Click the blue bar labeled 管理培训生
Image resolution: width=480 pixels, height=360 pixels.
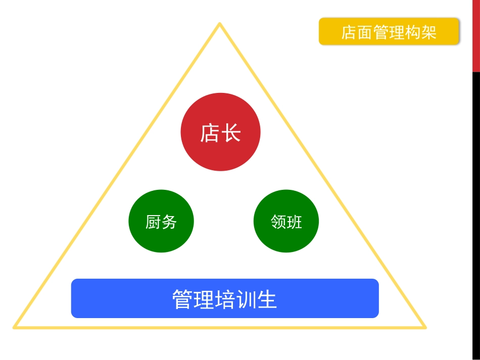tap(225, 298)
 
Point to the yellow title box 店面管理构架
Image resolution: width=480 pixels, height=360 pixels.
tap(389, 32)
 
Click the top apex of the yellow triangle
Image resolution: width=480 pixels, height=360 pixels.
tap(220, 24)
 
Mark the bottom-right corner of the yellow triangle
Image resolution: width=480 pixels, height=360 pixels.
tap(425, 327)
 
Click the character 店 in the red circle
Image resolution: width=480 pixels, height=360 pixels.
tap(210, 133)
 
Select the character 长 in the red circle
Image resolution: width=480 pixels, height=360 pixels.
tap(231, 133)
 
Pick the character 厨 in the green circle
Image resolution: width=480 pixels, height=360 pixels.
tap(153, 222)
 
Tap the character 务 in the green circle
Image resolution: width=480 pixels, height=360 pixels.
tap(169, 222)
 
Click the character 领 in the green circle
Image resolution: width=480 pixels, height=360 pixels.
tap(278, 222)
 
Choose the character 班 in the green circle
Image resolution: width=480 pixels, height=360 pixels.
tap(294, 222)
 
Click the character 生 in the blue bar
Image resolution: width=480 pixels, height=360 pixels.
tap(267, 299)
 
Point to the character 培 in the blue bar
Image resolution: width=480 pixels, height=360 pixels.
tap(224, 299)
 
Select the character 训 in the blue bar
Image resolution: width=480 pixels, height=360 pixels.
tap(246, 299)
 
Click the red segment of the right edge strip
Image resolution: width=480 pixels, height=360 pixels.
tap(476, 35)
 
